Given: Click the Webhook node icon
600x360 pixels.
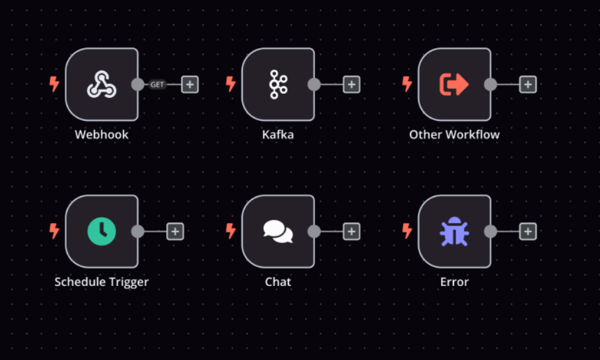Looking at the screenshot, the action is click(102, 85).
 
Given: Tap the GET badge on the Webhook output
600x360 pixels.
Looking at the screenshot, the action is click(157, 85).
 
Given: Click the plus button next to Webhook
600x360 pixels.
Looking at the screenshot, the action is click(190, 85).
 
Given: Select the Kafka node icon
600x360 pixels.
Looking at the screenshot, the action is click(278, 85).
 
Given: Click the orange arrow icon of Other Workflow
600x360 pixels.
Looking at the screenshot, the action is click(454, 85).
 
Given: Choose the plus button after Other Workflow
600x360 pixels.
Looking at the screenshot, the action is click(527, 85).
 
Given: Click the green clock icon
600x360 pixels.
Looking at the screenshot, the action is click(102, 231).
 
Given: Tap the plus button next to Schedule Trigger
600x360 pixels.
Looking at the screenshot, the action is click(176, 232).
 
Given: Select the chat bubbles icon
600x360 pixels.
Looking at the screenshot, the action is click(278, 231).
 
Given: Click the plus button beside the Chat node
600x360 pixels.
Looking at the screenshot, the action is click(352, 232).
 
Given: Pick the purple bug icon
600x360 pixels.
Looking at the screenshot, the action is click(454, 231).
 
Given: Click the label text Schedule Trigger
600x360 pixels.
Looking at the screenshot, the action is click(102, 282).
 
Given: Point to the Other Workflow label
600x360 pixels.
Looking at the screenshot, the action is click(454, 135).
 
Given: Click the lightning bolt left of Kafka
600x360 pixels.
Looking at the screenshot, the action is click(230, 84).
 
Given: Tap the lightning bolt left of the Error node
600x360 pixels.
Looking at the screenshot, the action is click(407, 231).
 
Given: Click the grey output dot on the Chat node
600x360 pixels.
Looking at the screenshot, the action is click(314, 231).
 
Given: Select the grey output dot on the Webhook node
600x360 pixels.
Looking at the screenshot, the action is click(138, 85).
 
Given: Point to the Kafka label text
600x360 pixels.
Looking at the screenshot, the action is click(278, 135).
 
